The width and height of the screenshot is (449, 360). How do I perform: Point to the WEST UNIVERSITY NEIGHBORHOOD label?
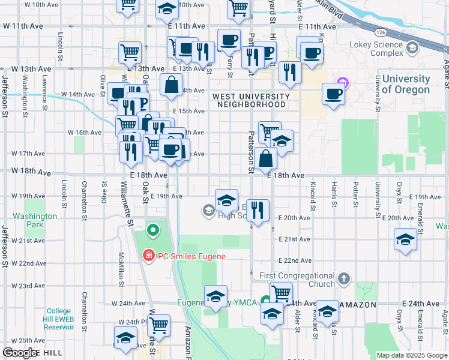coord(248,100)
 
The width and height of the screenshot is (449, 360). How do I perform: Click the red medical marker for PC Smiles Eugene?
coord(148,256)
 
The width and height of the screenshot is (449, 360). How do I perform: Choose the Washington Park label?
coord(35,220)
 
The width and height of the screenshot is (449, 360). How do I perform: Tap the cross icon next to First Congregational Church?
coord(343,279)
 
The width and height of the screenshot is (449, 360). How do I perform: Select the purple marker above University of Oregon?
coord(343,82)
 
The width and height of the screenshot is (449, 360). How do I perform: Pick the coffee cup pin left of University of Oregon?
coord(334,94)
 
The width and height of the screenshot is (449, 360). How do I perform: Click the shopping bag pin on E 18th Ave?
coord(265,159)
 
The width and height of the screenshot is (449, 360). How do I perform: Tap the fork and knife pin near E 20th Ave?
coord(258,211)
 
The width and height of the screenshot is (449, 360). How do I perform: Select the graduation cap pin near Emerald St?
coord(406,240)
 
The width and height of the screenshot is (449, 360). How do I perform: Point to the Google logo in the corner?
coord(20,353)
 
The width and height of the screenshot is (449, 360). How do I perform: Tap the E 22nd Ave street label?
coord(294,260)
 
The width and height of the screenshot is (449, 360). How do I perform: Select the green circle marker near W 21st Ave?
coord(152,230)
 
